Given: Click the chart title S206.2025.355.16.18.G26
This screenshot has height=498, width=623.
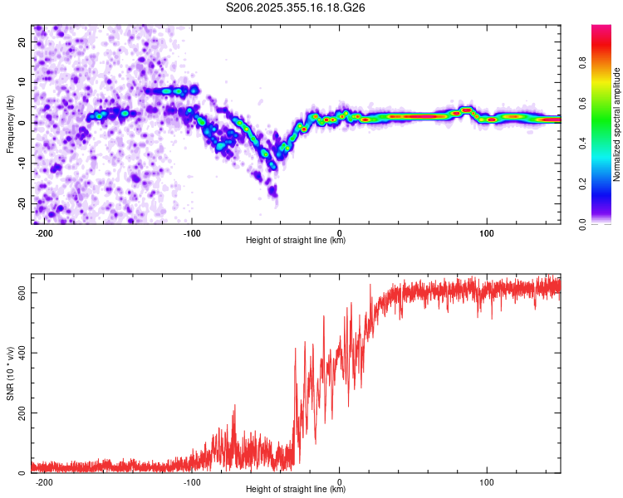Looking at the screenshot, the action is pos(295,7).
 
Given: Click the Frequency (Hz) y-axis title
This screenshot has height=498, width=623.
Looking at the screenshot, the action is pos(10,124).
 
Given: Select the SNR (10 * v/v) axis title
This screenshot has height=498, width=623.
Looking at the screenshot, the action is pos(10,373).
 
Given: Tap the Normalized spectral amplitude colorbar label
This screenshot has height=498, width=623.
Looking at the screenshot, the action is pos(616,124).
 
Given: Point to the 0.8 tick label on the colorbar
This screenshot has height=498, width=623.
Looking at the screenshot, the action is pos(582,63).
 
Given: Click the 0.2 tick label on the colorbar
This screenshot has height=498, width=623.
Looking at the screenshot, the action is pos(582,184).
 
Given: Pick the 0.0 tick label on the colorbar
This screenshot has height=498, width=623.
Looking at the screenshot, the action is pos(582,225).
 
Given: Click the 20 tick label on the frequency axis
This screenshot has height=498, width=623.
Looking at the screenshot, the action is pos(22,41).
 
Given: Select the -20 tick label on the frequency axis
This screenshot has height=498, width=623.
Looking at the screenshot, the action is pos(22,204).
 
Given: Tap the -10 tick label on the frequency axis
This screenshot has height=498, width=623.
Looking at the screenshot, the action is pos(22,164).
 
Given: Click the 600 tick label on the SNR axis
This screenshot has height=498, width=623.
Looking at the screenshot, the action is pos(22,293).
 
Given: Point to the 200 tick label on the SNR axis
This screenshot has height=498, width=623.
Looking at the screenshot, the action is pos(22,413).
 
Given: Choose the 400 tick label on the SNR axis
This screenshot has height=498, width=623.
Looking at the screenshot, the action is pos(22,353).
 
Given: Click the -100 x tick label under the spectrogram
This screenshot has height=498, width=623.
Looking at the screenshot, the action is pos(192,233).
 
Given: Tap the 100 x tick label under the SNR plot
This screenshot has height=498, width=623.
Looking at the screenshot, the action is pos(487,482).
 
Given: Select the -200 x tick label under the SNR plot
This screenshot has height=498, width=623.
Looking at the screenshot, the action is pos(44,482).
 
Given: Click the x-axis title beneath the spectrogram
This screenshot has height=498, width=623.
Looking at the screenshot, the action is pos(296,240).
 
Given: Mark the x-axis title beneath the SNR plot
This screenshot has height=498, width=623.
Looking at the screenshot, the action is pos(296,489).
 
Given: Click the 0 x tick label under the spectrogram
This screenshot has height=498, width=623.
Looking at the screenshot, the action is pos(339,233).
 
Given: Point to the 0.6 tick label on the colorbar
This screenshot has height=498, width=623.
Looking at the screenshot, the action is pos(582,103).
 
